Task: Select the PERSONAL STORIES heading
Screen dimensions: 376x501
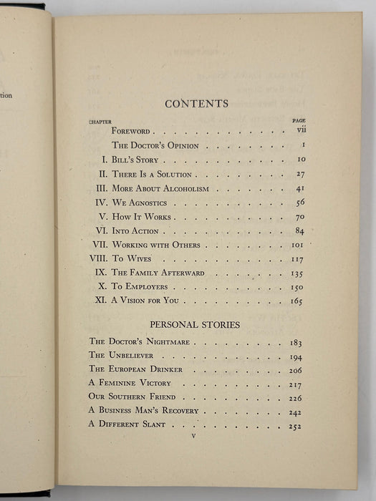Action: click(x=195, y=324)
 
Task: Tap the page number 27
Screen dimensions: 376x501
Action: click(x=299, y=174)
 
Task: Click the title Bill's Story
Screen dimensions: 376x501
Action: click(x=135, y=160)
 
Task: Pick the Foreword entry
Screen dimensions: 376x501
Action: click(x=131, y=132)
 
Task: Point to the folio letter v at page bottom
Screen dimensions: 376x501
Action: click(x=193, y=436)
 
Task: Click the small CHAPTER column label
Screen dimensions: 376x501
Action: click(x=100, y=122)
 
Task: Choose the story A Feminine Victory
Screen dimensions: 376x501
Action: click(x=125, y=384)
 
